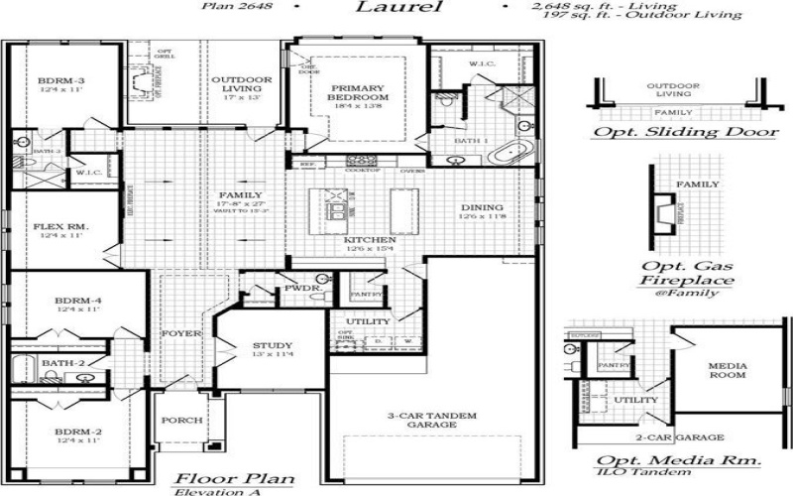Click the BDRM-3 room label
point(55,80)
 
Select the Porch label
point(179,420)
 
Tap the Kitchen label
point(370,240)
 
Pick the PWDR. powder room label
point(300,288)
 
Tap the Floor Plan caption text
point(234,478)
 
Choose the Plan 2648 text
point(239,7)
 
